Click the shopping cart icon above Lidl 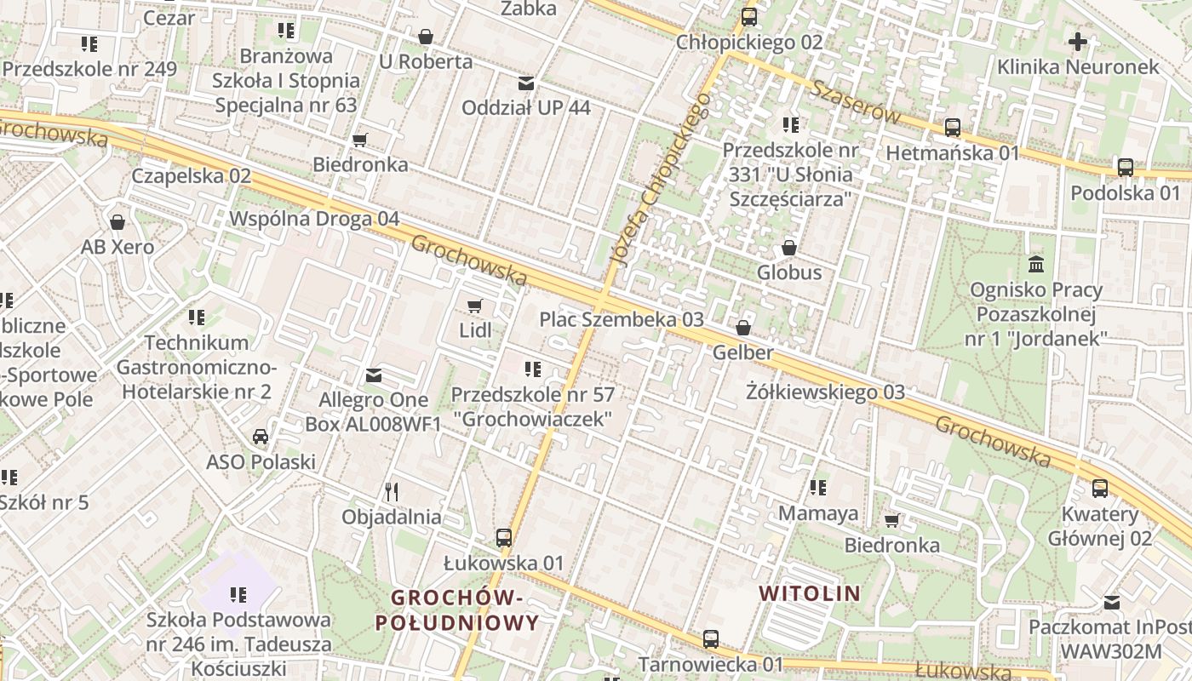coord(475,306)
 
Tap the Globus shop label coord(789,272)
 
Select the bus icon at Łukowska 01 coord(504,538)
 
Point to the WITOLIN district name coord(809,593)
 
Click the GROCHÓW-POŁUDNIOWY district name coord(457,610)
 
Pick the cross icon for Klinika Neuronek coord(1078,41)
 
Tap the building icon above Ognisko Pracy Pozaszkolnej coord(1036,264)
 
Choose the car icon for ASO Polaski coord(261,437)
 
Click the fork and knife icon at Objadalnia coord(392,492)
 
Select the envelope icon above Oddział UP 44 coord(526,83)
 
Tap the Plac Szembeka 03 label coord(622,320)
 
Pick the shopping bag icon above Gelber coord(743,328)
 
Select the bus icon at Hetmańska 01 coord(953,128)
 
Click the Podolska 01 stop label coord(1126,192)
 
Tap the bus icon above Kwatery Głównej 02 coord(1100,489)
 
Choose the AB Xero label coord(117,247)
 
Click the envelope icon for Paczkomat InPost coord(1112,603)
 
